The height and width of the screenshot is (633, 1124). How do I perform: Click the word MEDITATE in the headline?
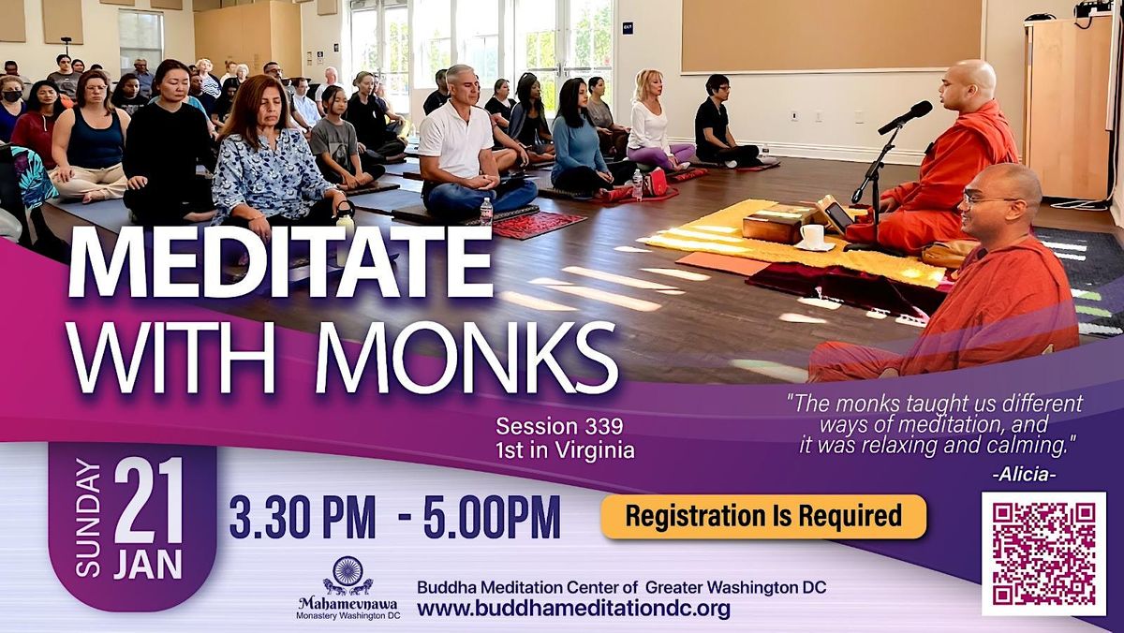(279, 264)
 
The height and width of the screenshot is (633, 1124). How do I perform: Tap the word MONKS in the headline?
(466, 359)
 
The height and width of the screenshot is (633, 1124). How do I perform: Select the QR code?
(1043, 552)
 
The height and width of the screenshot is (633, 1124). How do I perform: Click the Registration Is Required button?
(763, 516)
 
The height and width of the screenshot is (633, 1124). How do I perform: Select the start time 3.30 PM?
(302, 517)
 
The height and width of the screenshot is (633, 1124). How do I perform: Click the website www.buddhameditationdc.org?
(573, 609)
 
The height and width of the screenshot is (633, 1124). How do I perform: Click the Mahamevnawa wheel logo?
(348, 573)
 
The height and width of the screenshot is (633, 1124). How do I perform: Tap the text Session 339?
(559, 428)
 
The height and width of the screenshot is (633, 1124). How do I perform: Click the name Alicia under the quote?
(1023, 475)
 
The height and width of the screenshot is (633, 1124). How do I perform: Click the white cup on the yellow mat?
(810, 235)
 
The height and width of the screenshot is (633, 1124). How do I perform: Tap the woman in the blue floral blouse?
(272, 169)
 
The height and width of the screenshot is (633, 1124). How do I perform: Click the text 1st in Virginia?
(565, 450)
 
